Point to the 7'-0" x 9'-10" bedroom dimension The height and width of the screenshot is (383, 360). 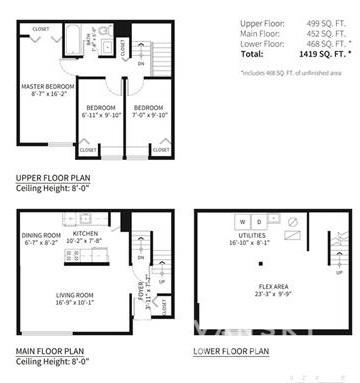(149, 114)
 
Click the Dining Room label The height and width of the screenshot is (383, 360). (41, 236)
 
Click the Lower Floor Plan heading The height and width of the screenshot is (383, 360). (231, 351)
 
